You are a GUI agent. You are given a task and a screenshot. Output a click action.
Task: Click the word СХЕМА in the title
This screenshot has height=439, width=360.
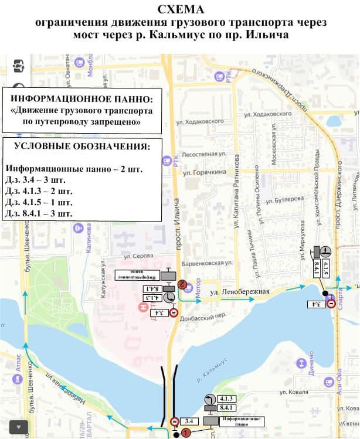click(x=179, y=9)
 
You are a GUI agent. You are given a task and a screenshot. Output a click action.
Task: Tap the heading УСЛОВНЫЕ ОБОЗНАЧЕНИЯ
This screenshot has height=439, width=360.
click(x=81, y=145)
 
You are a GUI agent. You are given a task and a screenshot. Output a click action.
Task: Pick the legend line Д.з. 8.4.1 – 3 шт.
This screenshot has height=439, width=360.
click(x=39, y=213)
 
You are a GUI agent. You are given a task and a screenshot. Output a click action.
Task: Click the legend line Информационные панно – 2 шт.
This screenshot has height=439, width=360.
click(x=74, y=168)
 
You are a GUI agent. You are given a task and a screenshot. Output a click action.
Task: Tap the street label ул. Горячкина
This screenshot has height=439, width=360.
click(x=205, y=173)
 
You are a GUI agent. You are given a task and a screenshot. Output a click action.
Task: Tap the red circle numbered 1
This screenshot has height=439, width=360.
click(x=186, y=433)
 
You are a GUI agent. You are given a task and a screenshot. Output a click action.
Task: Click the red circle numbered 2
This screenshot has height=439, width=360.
click(x=182, y=284)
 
